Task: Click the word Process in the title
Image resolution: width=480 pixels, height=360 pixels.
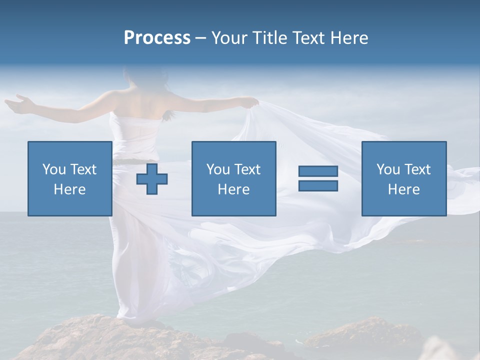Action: (157, 38)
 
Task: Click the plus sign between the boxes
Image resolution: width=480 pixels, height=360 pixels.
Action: (152, 178)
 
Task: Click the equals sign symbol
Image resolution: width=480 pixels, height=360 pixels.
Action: (318, 178)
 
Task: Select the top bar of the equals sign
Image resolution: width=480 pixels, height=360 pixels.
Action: (318, 171)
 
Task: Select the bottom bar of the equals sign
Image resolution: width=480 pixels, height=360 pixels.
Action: (318, 185)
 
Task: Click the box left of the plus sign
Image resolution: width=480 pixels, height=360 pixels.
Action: (69, 178)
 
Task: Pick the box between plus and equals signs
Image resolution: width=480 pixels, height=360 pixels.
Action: (233, 178)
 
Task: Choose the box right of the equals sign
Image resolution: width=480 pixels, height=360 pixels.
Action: (403, 178)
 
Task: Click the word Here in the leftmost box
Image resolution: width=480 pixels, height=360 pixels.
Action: (69, 189)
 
